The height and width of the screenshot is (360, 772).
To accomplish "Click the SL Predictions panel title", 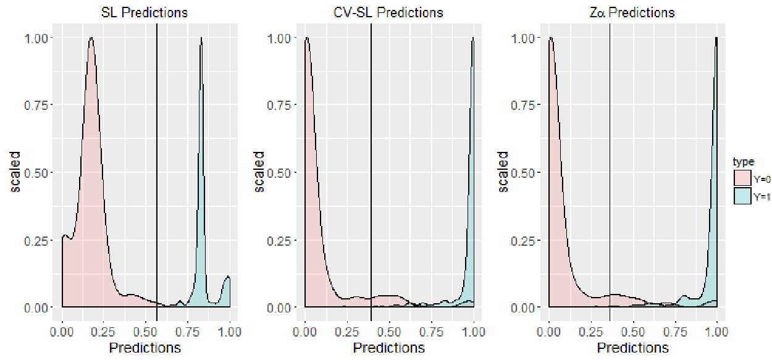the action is point(144,12).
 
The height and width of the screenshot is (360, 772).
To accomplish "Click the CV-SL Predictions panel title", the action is point(388,12).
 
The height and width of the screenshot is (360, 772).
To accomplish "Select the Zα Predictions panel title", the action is point(632,12).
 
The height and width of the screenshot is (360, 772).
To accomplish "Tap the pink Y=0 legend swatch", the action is point(742,178).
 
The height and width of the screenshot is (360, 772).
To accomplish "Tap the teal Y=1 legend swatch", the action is point(742,196).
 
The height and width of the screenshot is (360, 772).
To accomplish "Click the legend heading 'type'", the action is point(744,162).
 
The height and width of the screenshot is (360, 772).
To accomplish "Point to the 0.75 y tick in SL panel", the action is point(36,105).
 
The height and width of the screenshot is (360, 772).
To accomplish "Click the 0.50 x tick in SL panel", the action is point(146,332).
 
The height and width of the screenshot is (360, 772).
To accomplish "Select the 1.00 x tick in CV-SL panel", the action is point(473,332).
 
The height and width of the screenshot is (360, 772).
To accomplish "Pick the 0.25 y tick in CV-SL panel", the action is point(279,241).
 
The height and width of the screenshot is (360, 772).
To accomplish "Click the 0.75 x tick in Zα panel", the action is point(675,332).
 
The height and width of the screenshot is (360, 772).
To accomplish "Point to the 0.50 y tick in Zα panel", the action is point(523,173).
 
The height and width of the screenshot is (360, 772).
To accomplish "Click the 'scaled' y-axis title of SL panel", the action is point(15,172).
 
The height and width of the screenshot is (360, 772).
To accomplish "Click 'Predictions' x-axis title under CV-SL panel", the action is point(388,348).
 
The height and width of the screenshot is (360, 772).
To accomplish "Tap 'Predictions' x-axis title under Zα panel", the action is point(633,348).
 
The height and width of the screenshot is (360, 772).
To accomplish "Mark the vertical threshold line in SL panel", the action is point(157,172).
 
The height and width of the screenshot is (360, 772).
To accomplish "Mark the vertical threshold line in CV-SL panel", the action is point(371,172).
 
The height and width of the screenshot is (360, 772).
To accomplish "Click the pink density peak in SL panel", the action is point(91,38).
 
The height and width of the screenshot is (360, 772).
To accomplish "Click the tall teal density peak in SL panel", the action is point(201,38).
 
